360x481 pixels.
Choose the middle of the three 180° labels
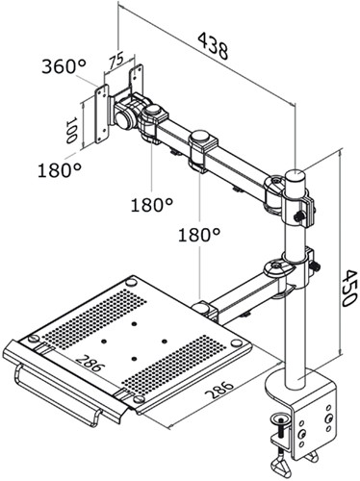pyautogui.click(x=153, y=204)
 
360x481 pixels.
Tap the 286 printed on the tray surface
pyautogui.click(x=93, y=368)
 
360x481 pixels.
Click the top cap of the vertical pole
pyautogui.click(x=298, y=176)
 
